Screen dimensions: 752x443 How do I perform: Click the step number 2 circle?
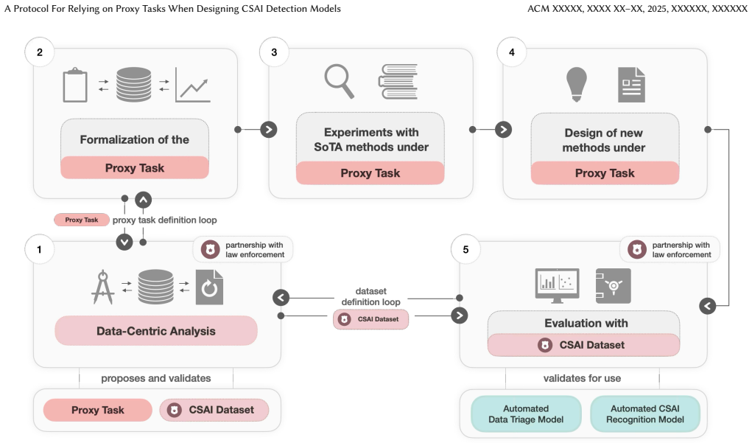point(39,52)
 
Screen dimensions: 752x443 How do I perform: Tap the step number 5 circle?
point(465,250)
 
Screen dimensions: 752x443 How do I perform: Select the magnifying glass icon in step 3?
point(339,81)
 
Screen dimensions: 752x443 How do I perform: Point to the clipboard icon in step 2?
point(75,85)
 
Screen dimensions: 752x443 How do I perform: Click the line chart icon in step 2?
point(193,85)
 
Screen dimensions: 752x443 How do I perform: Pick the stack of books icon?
point(398,82)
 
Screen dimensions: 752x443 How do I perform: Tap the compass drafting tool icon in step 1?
point(103,287)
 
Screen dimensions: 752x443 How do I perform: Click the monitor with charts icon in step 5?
point(557,285)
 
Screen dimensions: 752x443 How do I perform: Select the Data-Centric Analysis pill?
point(156,331)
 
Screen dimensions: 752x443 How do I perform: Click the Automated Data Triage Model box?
point(526,414)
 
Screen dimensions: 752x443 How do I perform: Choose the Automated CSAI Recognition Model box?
point(645,414)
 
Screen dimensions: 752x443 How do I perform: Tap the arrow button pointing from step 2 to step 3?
point(269,130)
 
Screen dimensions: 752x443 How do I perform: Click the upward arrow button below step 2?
point(144,200)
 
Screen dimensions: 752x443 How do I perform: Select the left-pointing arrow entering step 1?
point(281,298)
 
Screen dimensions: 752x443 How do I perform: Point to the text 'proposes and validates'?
point(156,378)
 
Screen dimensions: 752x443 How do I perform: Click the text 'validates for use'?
point(582,378)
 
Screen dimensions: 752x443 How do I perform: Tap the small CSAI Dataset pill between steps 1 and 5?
point(370,319)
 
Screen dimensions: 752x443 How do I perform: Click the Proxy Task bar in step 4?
point(605,172)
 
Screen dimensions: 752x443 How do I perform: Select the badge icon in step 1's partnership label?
point(210,250)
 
